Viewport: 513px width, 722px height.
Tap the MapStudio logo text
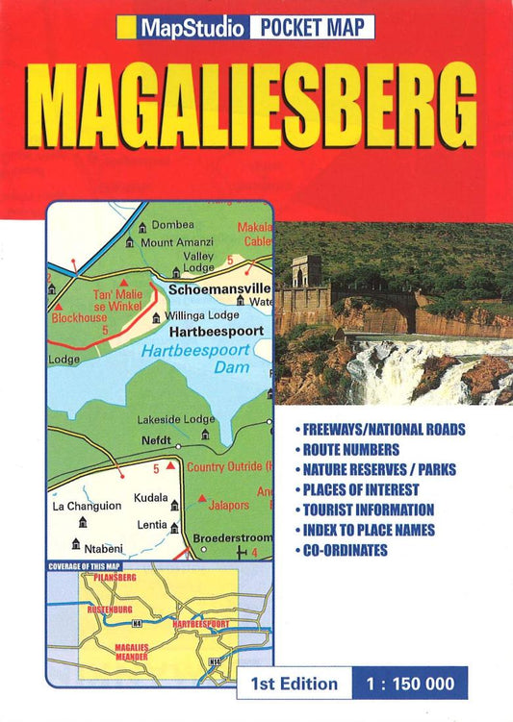click(x=191, y=28)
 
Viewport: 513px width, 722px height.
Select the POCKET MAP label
click(x=312, y=28)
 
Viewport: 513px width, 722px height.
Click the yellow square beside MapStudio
click(x=126, y=28)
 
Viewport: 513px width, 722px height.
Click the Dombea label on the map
click(x=173, y=225)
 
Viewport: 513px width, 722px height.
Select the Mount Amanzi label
click(x=183, y=242)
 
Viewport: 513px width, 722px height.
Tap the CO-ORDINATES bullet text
click(x=347, y=550)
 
